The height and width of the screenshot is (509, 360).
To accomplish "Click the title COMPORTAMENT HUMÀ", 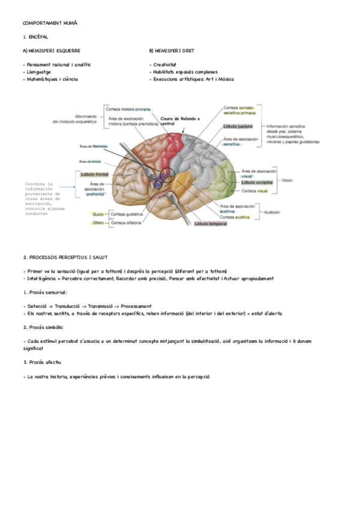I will pos(50,23).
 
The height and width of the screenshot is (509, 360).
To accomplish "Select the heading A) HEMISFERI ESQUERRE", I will pos(51,51).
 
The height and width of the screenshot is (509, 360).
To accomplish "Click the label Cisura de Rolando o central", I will pos(181,121).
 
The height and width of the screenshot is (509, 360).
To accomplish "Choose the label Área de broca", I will pos(91,161).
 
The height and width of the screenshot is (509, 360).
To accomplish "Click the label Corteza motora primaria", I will pos(128,109).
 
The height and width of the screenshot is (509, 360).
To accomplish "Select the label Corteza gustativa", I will pos(125,214).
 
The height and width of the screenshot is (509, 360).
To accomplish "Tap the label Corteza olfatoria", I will pos(125,223).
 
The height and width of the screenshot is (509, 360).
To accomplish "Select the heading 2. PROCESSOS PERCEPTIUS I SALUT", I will pos(65,256).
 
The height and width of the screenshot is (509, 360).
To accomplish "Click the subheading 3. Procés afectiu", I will pos(41,363).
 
